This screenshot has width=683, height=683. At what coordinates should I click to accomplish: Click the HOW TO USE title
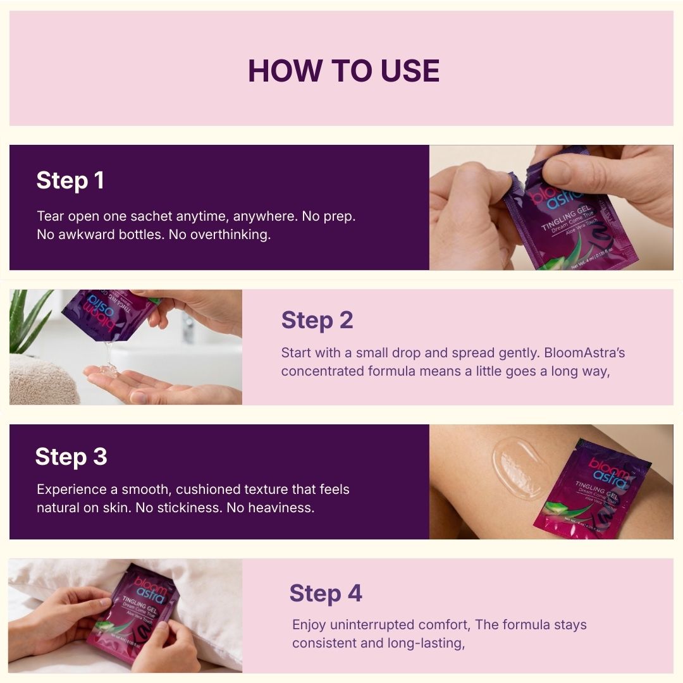click(x=343, y=71)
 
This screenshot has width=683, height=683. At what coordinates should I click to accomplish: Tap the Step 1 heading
click(x=70, y=181)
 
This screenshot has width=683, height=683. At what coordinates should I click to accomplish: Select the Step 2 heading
click(x=317, y=321)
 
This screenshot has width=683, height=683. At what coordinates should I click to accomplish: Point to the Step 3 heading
click(x=71, y=457)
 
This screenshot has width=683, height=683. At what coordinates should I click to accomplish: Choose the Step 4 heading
click(x=326, y=594)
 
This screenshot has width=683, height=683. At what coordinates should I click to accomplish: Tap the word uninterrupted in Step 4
click(x=369, y=625)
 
